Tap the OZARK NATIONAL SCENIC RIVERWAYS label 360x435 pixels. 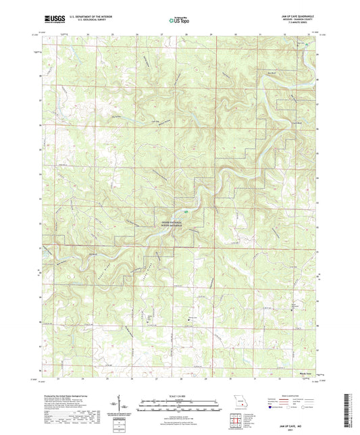pyautogui.click(x=176, y=223)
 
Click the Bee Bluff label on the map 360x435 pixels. pyautogui.click(x=272, y=70)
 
